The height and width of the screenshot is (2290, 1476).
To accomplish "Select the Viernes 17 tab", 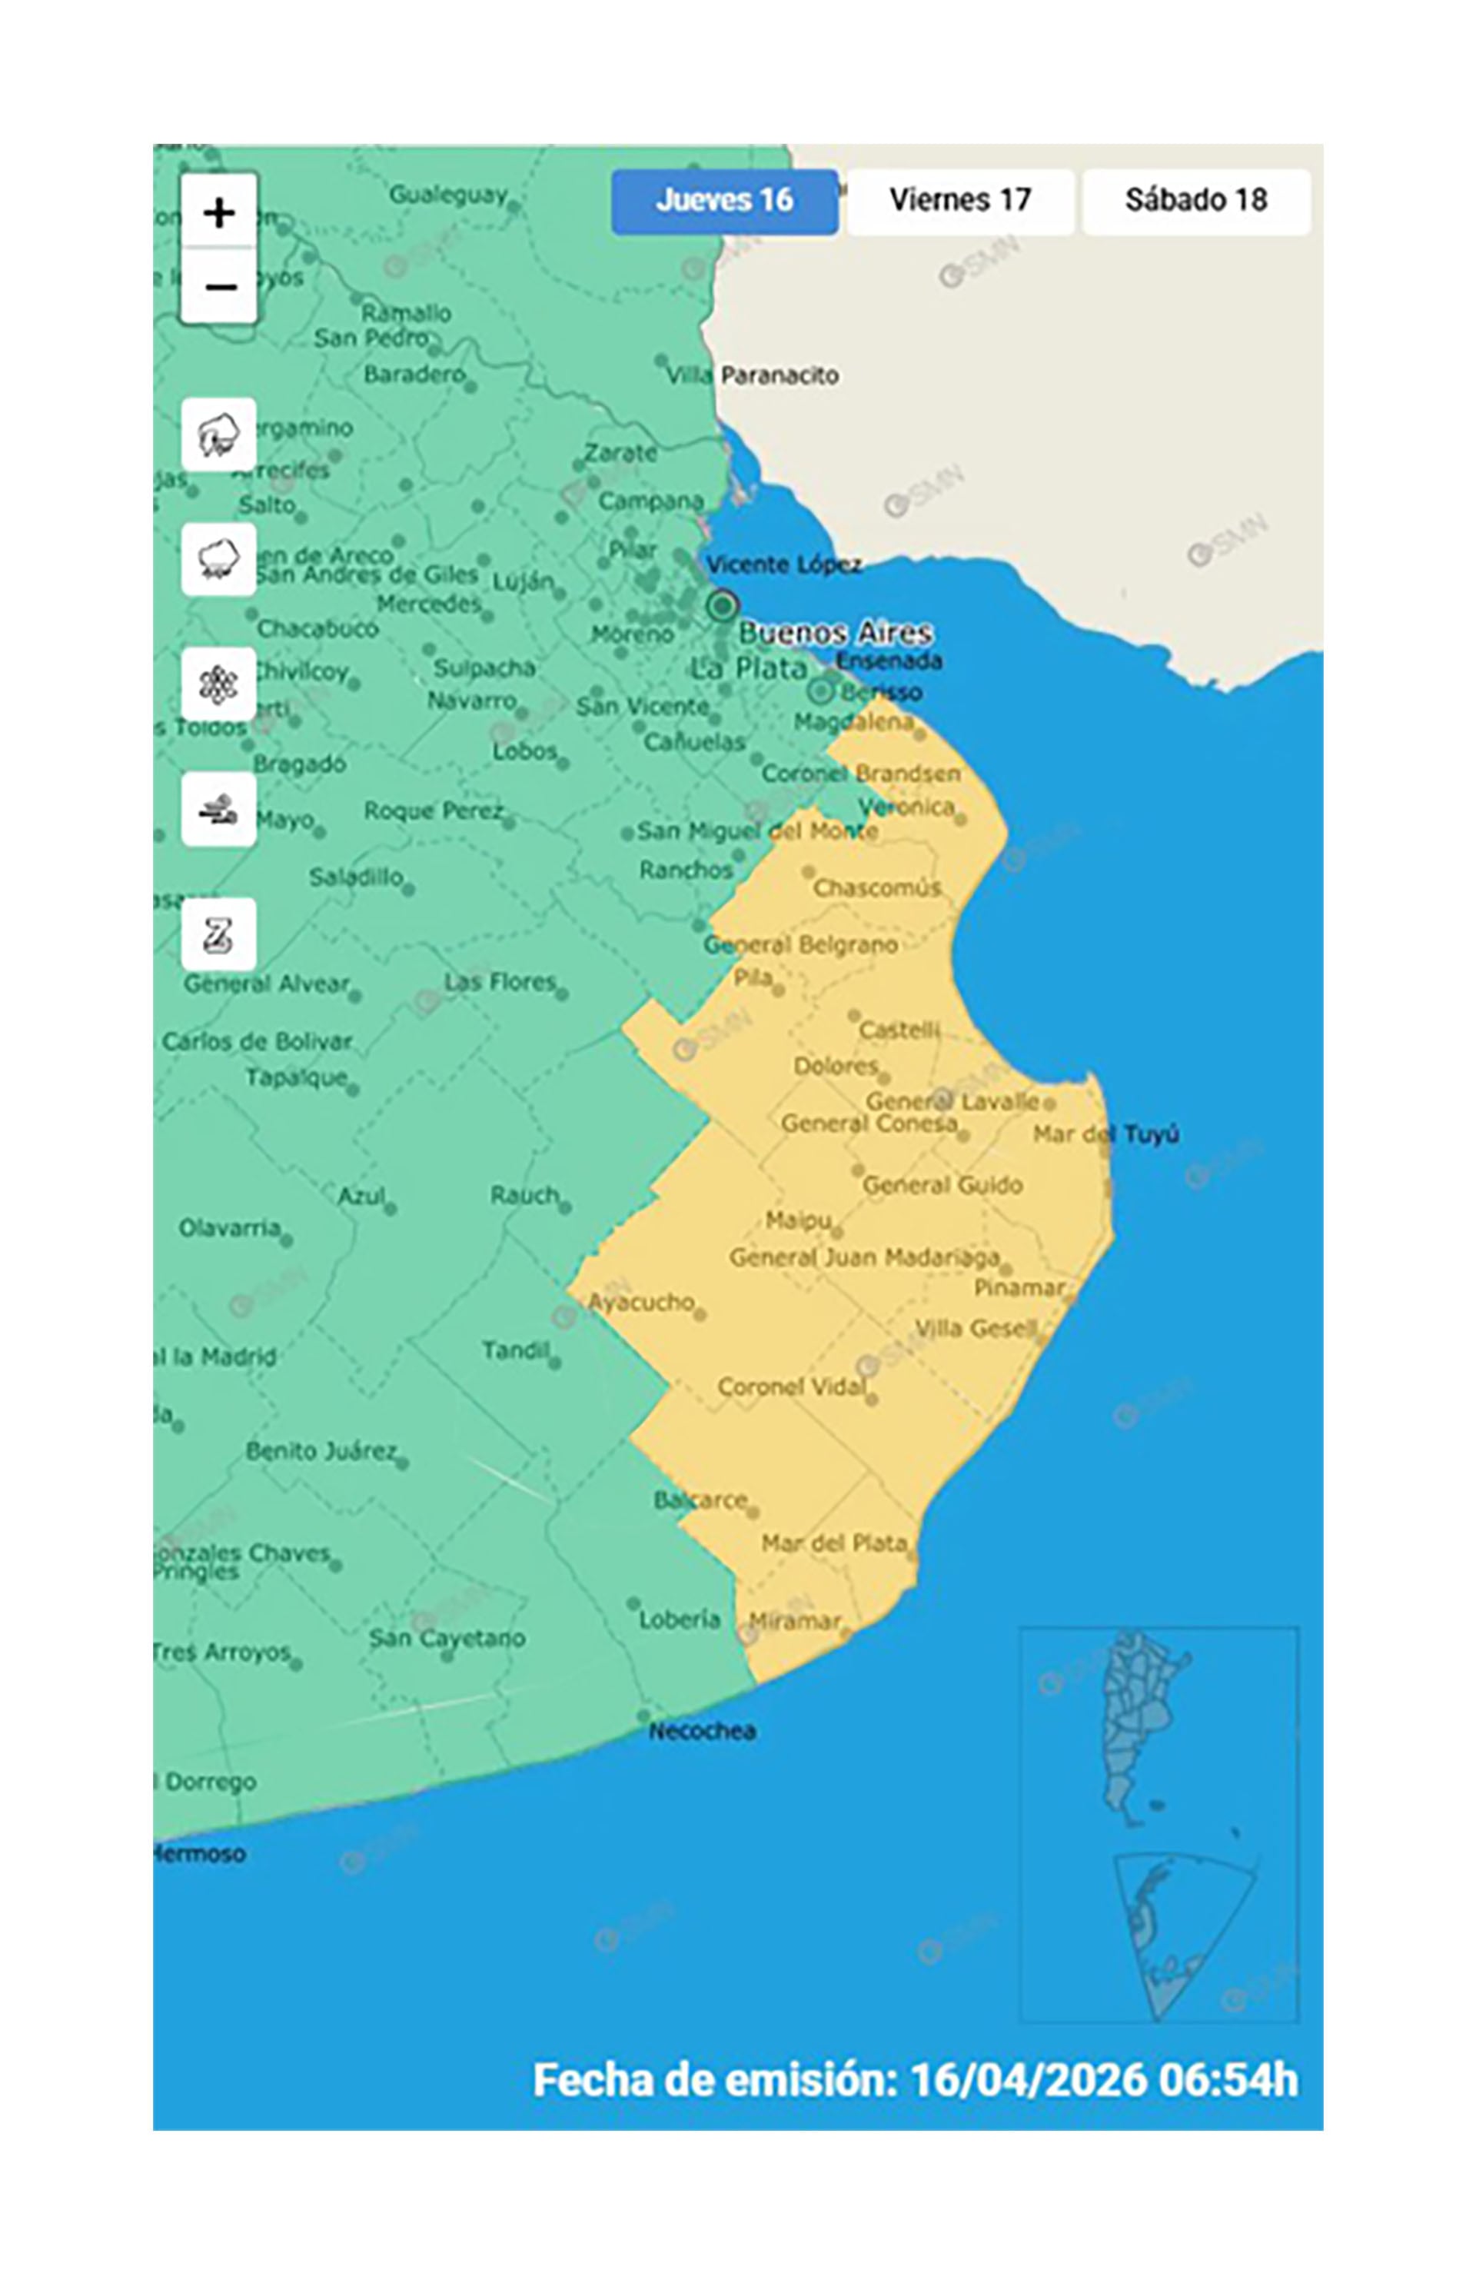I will point(959,201).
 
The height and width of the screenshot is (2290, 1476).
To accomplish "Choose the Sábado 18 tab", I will point(1195,201).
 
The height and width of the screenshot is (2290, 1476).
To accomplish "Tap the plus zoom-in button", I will point(220,211).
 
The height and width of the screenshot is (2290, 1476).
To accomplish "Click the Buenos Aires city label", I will point(835,633).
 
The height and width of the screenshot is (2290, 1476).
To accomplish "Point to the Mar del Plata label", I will point(833,1543).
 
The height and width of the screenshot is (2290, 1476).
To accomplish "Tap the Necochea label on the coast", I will point(703,1730).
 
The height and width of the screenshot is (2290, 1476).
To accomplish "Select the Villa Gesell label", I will point(975,1327).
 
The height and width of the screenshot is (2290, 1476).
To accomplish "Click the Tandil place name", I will point(516,1350).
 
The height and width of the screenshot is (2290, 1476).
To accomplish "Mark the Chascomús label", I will point(876,887).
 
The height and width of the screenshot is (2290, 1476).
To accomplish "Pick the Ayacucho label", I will point(640,1302).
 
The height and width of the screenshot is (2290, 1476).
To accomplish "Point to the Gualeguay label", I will point(447,195).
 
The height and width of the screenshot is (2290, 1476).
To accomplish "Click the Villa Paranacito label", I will point(753,374).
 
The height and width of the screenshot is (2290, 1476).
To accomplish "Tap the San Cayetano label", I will point(447,1637).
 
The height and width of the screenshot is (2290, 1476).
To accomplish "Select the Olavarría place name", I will point(230,1227).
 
